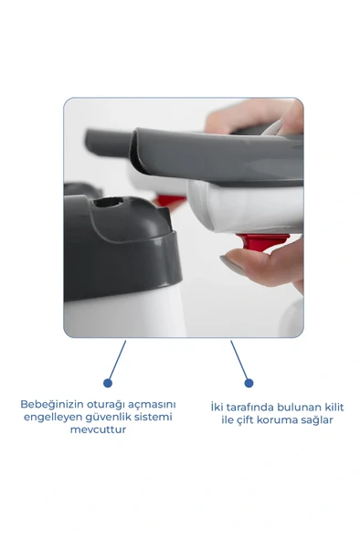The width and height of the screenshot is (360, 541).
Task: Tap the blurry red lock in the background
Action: tap(170, 200)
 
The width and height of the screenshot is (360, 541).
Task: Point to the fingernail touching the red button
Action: tap(232, 263)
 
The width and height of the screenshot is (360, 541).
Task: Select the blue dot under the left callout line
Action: tap(108, 382)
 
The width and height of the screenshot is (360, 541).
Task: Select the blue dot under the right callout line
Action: tap(249, 382)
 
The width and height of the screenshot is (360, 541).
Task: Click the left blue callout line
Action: tap(116, 361)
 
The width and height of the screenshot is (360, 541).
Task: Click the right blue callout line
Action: tap(239, 361)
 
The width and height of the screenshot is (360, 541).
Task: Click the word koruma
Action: tap(281, 419)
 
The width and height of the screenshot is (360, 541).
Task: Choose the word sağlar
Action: tap(318, 419)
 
